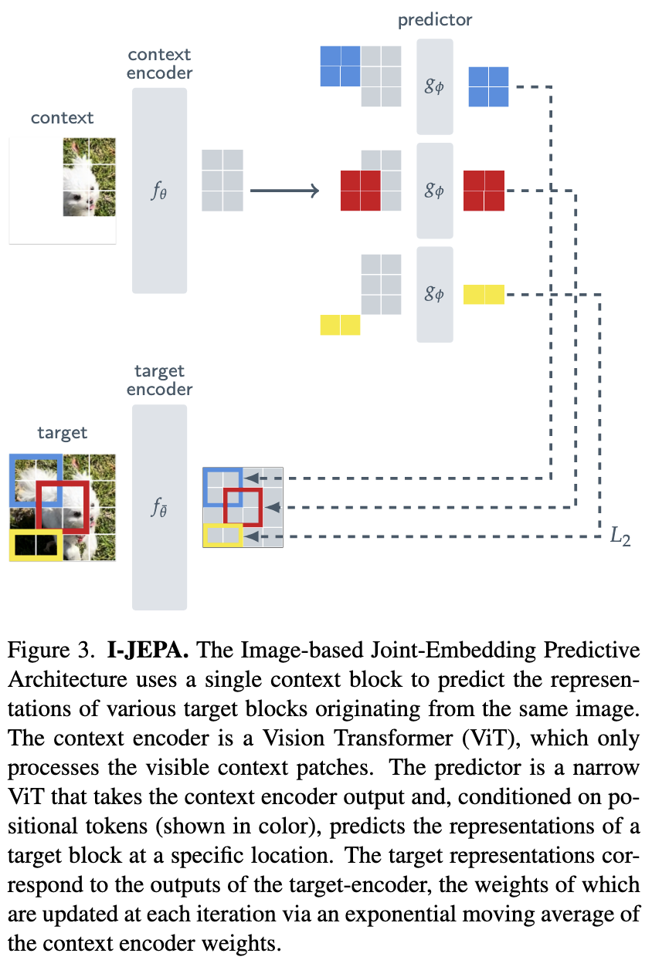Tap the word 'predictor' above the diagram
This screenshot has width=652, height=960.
tap(435, 20)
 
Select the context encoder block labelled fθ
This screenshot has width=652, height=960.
tap(159, 191)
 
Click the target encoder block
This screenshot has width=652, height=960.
tap(159, 507)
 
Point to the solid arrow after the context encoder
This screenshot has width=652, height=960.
tap(284, 191)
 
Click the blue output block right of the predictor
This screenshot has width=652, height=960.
tap(488, 86)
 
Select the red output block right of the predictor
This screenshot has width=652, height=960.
tap(484, 190)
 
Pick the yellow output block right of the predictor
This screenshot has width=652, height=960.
tap(484, 294)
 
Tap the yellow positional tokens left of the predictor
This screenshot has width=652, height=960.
tap(340, 325)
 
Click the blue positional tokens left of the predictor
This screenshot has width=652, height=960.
tap(340, 66)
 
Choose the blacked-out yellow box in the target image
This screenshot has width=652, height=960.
tap(35, 544)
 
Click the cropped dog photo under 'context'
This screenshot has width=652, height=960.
tap(89, 177)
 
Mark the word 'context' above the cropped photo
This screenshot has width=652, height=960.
tap(62, 118)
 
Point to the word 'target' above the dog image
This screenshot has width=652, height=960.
tap(63, 433)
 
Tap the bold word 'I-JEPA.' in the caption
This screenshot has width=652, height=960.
tap(147, 651)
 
